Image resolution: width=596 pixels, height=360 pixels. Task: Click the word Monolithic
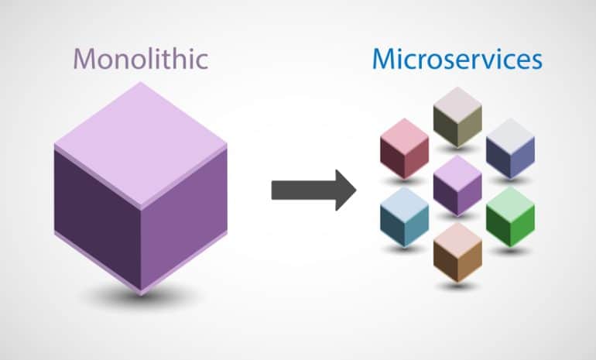(x=141, y=59)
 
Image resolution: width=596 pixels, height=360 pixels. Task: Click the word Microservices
(x=457, y=59)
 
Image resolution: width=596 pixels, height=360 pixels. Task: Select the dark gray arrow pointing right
(x=313, y=190)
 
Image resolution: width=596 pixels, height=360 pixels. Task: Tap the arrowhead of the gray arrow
(x=346, y=190)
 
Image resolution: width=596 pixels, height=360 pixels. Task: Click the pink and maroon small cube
(x=404, y=149)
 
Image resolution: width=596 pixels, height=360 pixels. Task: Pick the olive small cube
(x=457, y=117)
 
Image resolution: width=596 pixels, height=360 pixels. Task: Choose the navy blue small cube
(x=511, y=149)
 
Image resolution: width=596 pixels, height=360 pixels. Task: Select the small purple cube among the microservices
(x=457, y=186)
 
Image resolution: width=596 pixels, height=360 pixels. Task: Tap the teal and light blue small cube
(x=404, y=217)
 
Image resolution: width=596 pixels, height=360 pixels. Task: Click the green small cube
(x=511, y=217)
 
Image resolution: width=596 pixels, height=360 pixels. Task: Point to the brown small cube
(x=457, y=253)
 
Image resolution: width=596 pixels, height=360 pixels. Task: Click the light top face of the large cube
(x=141, y=144)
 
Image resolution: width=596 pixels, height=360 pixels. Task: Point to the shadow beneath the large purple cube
(x=141, y=296)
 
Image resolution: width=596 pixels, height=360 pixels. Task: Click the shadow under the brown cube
(x=457, y=286)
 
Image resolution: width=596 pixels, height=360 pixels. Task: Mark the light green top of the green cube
(x=511, y=201)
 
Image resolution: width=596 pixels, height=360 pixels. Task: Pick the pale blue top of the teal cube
(x=404, y=201)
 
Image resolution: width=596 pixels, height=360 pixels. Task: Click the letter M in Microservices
(x=385, y=60)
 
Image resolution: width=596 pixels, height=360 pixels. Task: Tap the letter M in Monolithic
(x=85, y=60)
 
